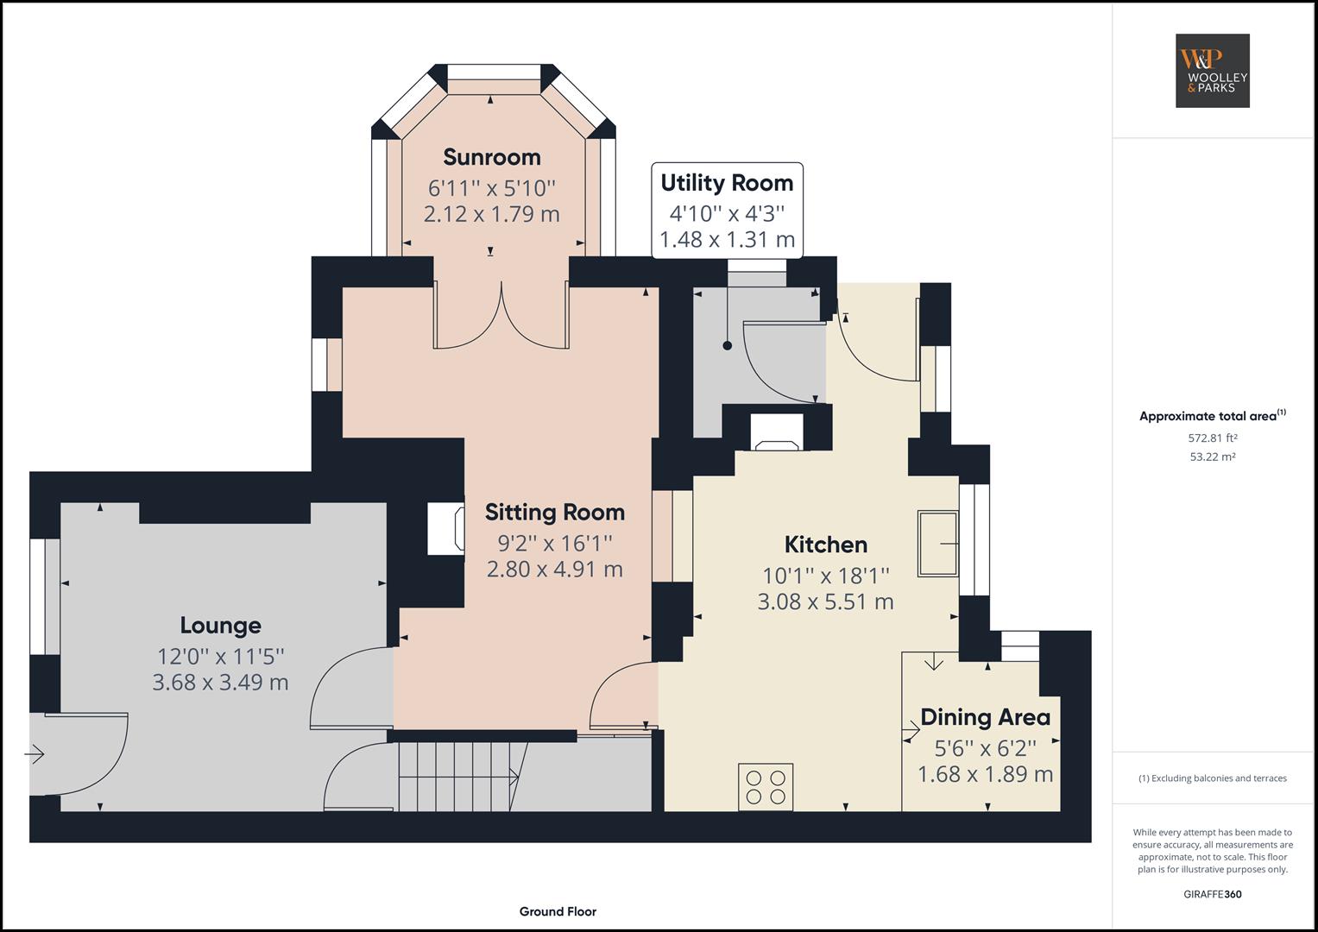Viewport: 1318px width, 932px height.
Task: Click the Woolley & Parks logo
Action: tap(1212, 71)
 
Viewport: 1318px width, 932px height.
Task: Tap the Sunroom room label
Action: tap(491, 157)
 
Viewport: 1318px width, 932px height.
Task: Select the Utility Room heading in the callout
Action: tap(727, 183)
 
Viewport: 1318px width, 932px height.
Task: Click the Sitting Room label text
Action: tap(554, 512)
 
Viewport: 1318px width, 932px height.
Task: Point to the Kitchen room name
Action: tap(825, 545)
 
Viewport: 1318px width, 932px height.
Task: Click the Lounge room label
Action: tap(220, 625)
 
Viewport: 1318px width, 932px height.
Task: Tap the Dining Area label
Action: tap(985, 717)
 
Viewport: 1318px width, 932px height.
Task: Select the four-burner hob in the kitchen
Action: tap(766, 786)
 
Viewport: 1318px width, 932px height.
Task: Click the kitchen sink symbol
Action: tap(937, 544)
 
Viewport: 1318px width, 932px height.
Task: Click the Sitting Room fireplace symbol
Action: tap(446, 529)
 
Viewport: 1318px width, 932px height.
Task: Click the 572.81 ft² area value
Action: tap(1212, 438)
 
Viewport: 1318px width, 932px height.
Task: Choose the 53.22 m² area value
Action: tap(1212, 457)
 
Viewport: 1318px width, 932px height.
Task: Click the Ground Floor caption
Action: tap(558, 911)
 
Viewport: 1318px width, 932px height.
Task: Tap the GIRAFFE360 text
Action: tap(1212, 894)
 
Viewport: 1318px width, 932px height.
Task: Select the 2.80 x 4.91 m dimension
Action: tap(554, 570)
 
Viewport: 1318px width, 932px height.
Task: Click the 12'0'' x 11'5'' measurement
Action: tap(220, 655)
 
